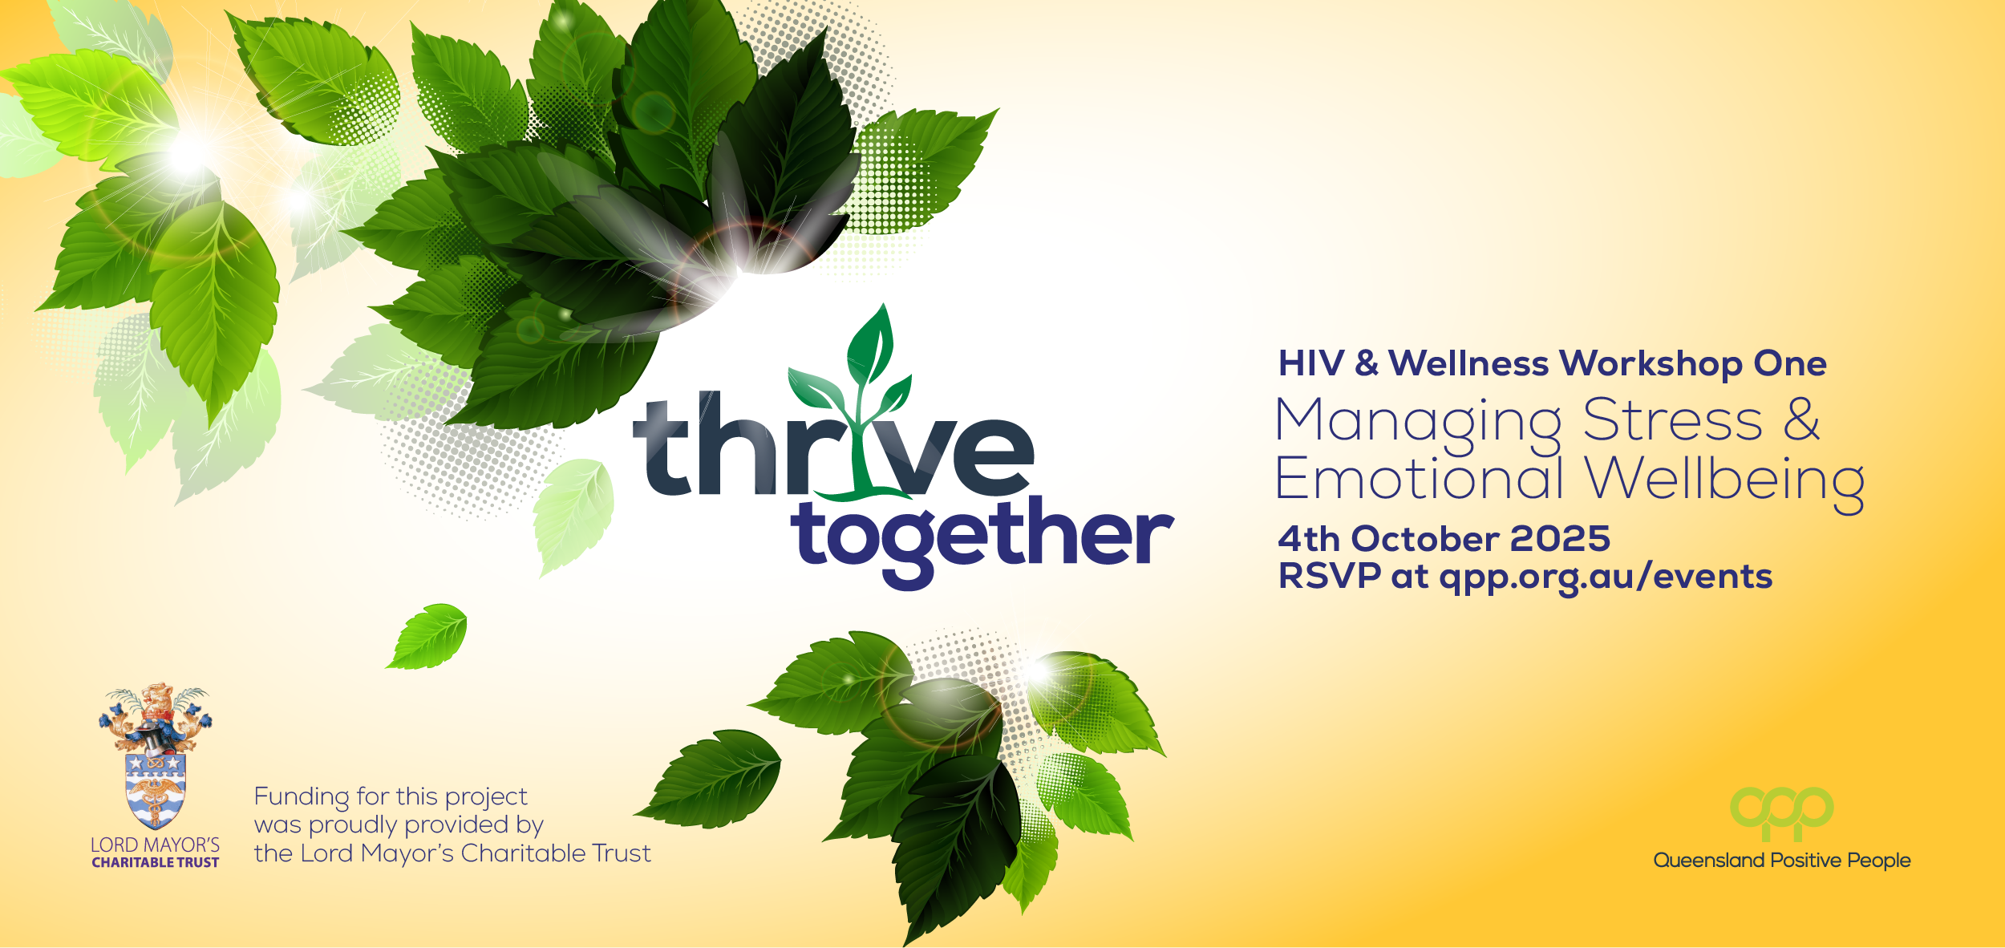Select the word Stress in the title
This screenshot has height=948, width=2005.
click(1673, 420)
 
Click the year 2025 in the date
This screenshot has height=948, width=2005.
click(1560, 539)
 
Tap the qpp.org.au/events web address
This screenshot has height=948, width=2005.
click(1606, 577)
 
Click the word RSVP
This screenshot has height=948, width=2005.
click(1330, 576)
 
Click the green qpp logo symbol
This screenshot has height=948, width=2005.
click(1781, 812)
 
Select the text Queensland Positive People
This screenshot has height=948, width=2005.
click(1782, 861)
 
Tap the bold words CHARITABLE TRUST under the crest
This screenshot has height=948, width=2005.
click(156, 863)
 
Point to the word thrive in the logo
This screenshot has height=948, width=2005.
click(833, 445)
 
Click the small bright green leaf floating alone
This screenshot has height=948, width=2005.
click(427, 637)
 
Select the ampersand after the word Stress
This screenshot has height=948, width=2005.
click(1801, 419)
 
